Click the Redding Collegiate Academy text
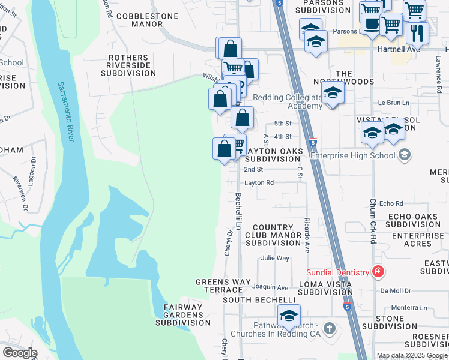(x=287, y=101)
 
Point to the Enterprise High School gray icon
(x=405, y=156)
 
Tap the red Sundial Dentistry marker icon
(x=378, y=272)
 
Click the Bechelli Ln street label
(x=238, y=211)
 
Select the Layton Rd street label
(x=259, y=183)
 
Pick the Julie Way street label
(x=275, y=259)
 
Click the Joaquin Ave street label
(x=270, y=287)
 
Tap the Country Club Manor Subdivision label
(x=273, y=236)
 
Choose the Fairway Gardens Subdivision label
(x=183, y=315)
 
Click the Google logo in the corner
(x=20, y=353)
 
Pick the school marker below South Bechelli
(x=289, y=316)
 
